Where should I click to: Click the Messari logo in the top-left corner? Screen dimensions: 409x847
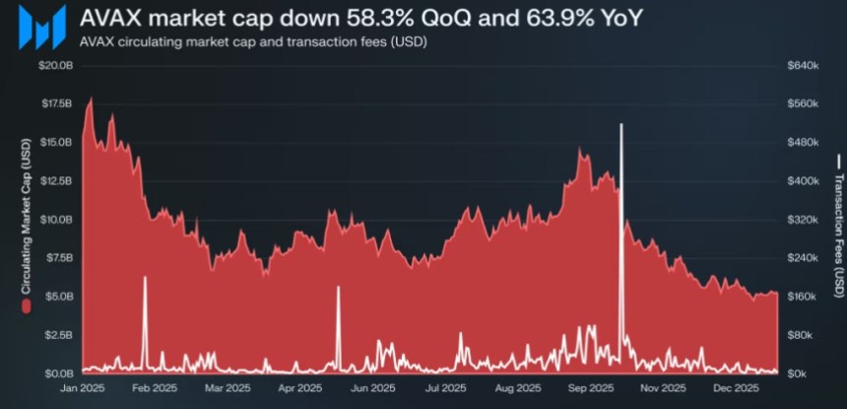41,26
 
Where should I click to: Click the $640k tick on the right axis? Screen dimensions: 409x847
804,65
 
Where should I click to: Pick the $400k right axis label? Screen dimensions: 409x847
804,181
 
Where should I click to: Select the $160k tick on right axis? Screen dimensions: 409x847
804,297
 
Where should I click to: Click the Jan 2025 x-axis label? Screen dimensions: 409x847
83,388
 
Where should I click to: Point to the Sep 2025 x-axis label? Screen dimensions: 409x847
590,388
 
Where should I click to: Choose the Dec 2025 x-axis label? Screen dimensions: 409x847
734,388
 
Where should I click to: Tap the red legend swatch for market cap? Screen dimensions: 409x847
26,307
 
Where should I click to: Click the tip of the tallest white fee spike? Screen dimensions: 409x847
621,124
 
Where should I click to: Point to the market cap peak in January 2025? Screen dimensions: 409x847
91,99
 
